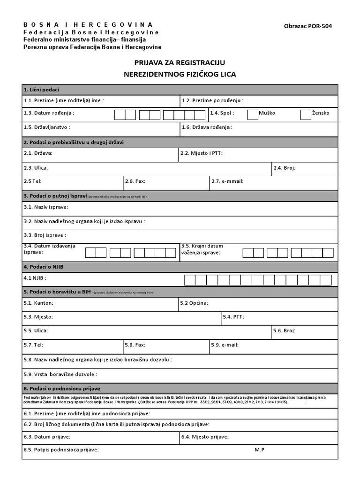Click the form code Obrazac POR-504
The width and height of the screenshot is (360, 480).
click(x=308, y=27)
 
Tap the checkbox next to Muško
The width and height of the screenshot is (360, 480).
click(x=253, y=114)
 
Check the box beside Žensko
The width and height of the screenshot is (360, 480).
click(x=306, y=114)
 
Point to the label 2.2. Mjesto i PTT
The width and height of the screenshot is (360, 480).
click(x=201, y=153)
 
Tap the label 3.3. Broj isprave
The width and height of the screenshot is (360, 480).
click(x=45, y=235)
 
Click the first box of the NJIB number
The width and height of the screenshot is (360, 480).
click(x=189, y=280)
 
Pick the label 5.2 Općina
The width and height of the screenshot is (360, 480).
click(x=194, y=303)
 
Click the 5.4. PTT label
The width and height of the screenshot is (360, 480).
click(x=233, y=317)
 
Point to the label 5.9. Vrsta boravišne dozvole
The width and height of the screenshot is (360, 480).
click(x=60, y=374)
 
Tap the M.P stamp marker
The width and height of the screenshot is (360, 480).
click(x=260, y=450)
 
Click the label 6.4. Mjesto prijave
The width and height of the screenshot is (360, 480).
click(x=205, y=437)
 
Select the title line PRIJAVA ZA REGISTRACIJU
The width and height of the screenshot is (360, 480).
click(x=180, y=63)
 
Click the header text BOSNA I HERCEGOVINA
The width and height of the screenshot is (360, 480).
click(x=88, y=24)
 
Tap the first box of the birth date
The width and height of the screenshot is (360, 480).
click(x=120, y=115)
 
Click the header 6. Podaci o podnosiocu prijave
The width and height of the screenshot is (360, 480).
click(x=61, y=389)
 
